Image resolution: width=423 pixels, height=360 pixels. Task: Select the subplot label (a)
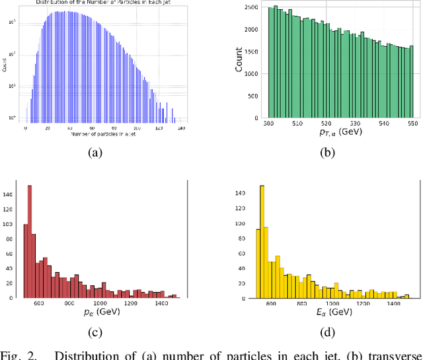click(96, 152)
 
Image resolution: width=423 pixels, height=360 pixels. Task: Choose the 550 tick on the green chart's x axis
click(410, 123)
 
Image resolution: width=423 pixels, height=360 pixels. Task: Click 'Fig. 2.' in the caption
click(19, 355)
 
